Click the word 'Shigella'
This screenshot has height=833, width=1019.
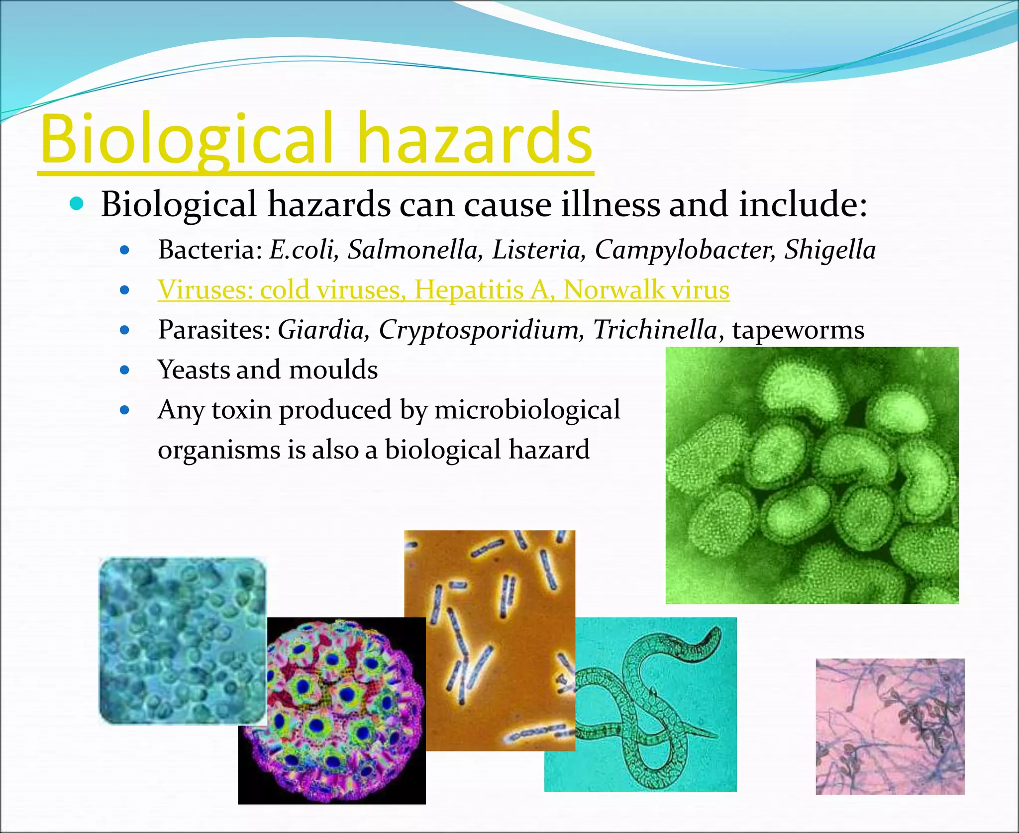830,250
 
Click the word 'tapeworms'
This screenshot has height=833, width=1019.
798,330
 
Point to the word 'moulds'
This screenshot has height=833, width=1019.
333,370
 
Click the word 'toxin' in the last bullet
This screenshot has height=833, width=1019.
242,410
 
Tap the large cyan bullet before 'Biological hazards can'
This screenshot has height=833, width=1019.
77,203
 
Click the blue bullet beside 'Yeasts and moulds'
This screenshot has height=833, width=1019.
125,370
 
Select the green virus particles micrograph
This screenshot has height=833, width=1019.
812,475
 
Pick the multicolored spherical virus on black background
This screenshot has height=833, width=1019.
332,711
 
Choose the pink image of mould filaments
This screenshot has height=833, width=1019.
890,726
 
